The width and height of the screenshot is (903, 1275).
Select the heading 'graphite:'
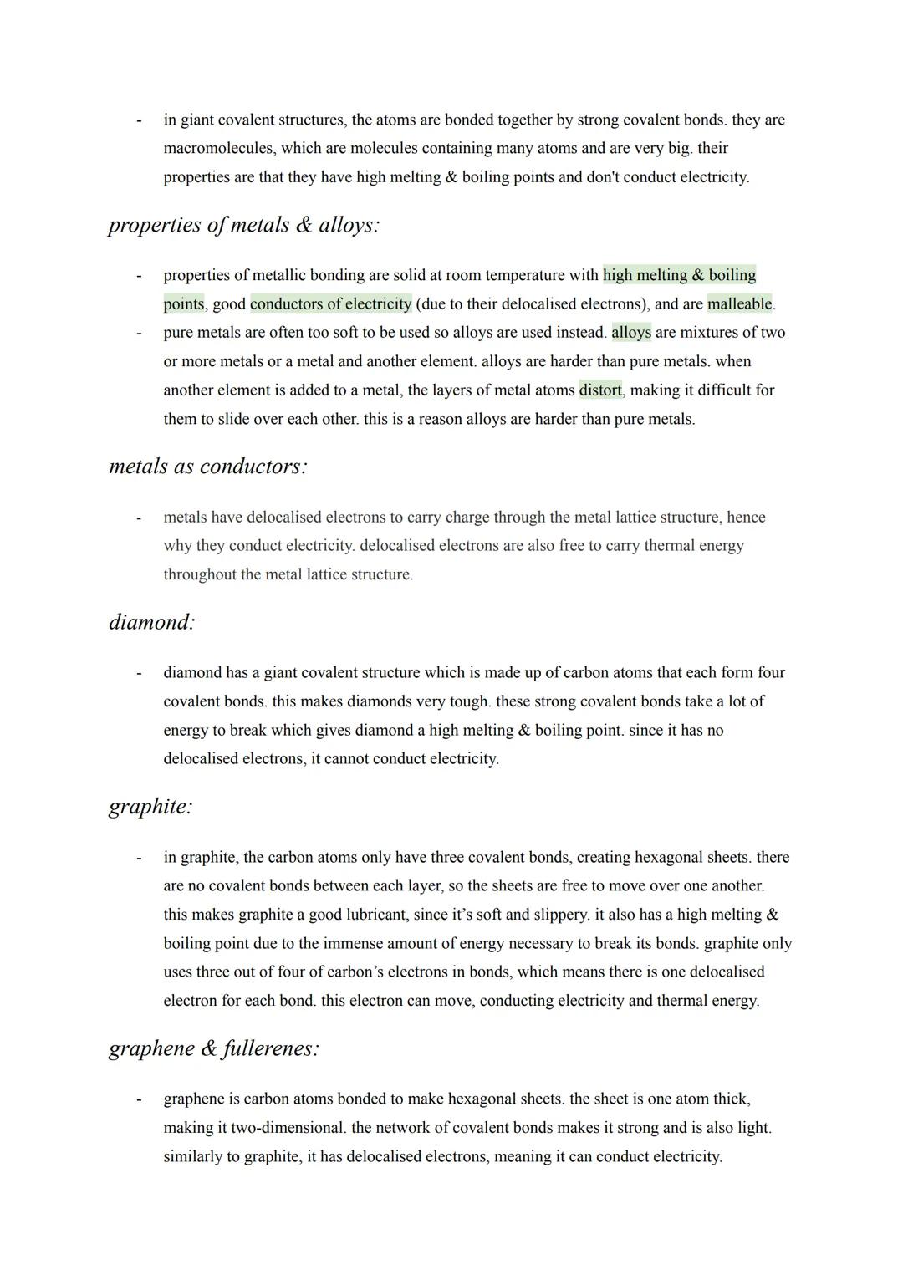point(150,807)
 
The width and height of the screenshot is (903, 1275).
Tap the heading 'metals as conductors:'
point(208,467)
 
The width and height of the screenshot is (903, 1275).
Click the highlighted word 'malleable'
point(740,303)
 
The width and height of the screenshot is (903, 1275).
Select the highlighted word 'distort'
point(600,390)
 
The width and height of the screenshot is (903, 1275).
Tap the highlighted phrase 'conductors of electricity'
point(330,303)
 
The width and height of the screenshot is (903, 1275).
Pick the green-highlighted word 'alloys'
point(631,333)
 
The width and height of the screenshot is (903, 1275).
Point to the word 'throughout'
point(200,575)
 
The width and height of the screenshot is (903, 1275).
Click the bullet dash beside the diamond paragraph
point(139,673)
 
